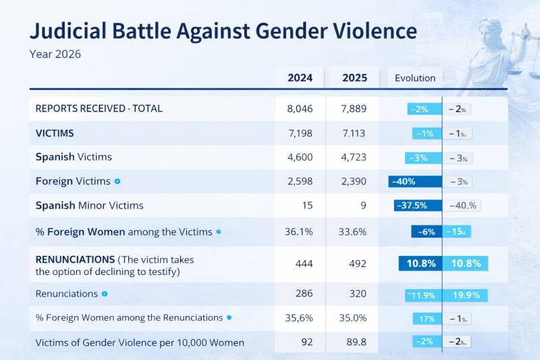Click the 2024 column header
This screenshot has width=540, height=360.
[x=300, y=78]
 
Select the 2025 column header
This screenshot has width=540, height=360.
[x=355, y=78]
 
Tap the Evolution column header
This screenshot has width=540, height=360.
[x=415, y=78]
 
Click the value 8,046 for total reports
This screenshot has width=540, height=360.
[x=300, y=108]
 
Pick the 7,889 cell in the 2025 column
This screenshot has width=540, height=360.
[x=354, y=108]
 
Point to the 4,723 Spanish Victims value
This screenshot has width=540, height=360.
[x=354, y=157]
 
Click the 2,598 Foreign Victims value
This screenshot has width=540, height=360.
[x=300, y=181]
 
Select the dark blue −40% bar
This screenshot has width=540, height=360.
[x=415, y=181]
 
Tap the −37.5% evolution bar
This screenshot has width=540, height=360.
[x=417, y=205]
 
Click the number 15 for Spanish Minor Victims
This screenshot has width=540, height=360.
[x=300, y=205]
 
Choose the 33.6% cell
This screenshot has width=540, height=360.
[x=354, y=232]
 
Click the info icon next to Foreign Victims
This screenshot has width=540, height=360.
[x=117, y=181]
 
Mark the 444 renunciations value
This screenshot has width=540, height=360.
[x=300, y=263]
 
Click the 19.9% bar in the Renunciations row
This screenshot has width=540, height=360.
[x=466, y=294]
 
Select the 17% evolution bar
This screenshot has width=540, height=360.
[x=427, y=318]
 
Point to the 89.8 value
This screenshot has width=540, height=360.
[x=354, y=342]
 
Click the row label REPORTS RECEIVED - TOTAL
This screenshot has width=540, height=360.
[x=99, y=108]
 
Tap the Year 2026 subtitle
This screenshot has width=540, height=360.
[x=55, y=54]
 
